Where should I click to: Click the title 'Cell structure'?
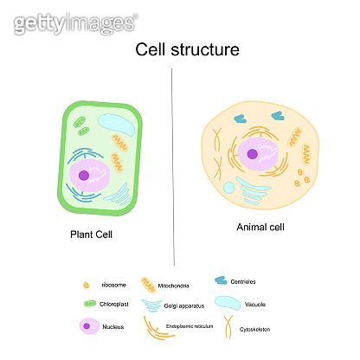(188, 50)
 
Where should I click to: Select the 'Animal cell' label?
(260, 228)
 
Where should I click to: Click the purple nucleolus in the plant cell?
(85, 176)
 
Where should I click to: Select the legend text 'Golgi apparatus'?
(183, 305)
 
